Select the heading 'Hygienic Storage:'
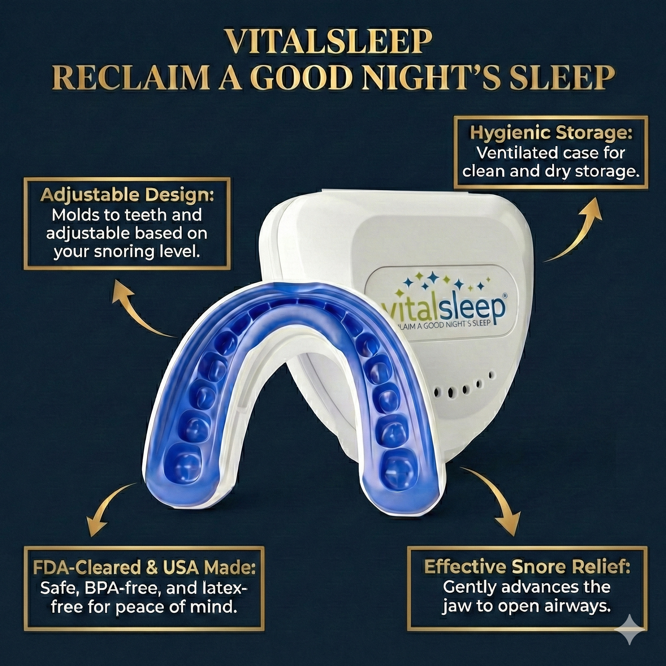[x=551, y=133]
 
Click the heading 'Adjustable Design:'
[x=127, y=195]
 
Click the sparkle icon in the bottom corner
[x=630, y=630]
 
